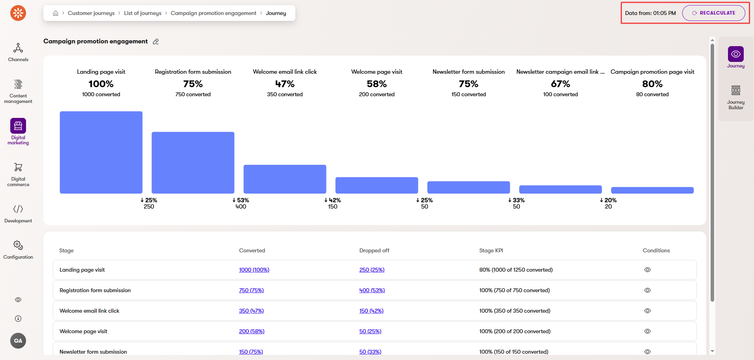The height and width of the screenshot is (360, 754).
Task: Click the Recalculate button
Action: click(x=713, y=13)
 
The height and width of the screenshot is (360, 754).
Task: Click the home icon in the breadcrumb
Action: click(x=56, y=13)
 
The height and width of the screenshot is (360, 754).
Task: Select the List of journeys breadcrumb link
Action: click(x=142, y=13)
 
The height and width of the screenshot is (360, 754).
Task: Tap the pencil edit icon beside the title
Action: click(x=156, y=42)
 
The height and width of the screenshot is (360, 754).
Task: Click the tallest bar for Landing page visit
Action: click(x=101, y=152)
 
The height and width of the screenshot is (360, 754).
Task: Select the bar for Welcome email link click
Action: click(x=285, y=179)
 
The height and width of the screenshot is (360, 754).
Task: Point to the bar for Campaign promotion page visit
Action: click(x=652, y=190)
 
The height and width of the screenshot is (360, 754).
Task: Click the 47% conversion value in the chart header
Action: click(x=285, y=84)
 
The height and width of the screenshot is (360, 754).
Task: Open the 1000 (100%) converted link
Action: click(x=254, y=270)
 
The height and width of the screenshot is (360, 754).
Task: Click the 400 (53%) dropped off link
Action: click(x=372, y=291)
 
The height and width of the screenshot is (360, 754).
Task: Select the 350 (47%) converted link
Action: click(x=251, y=311)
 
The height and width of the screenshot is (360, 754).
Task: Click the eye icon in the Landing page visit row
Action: click(x=647, y=270)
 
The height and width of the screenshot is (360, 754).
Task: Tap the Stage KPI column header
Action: click(x=491, y=251)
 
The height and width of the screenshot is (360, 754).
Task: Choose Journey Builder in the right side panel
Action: click(x=735, y=97)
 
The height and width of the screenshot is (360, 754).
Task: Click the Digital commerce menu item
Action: click(x=18, y=174)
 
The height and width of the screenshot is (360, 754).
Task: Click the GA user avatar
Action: click(x=18, y=341)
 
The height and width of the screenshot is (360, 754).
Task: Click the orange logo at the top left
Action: click(x=18, y=13)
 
